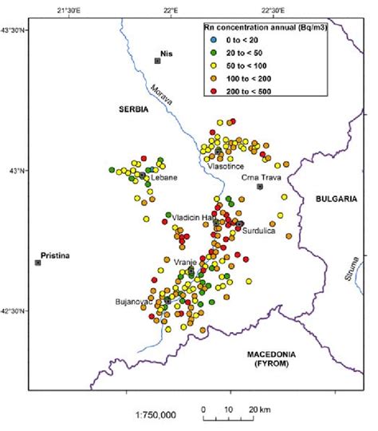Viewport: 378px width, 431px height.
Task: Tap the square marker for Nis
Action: tap(158, 61)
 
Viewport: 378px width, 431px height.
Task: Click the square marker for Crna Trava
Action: tap(261, 187)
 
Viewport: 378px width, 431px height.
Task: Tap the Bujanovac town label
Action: tap(132, 302)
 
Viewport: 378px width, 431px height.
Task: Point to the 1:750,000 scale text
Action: tap(152, 414)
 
